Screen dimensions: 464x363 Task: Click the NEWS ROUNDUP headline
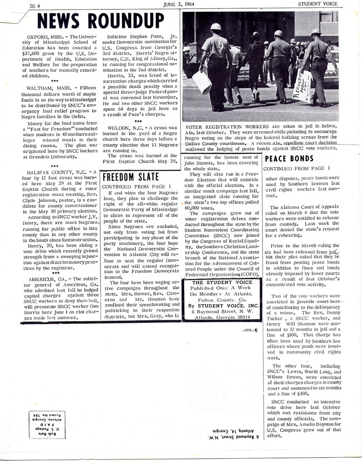point(100,21)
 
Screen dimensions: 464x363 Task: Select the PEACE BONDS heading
point(289,158)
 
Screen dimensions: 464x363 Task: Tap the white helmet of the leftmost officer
point(216,27)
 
